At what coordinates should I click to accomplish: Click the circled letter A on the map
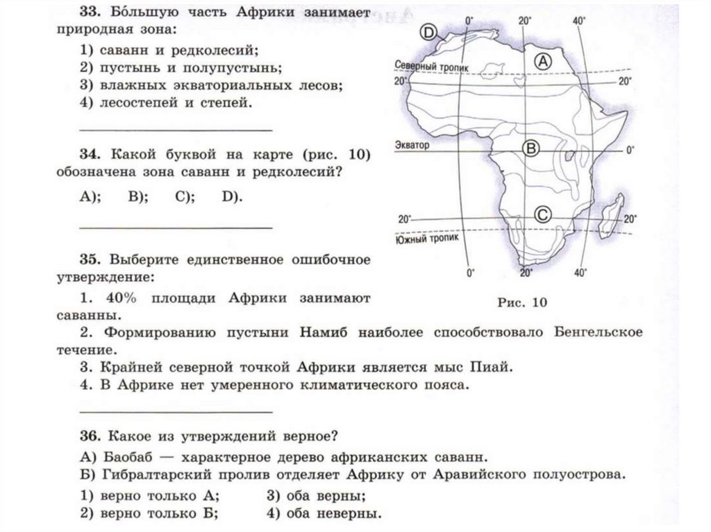(x=544, y=61)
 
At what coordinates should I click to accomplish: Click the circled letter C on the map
(x=544, y=215)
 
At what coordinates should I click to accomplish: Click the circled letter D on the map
(x=428, y=32)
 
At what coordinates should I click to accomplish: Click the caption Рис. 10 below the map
(x=523, y=302)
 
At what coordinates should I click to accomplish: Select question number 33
(x=90, y=14)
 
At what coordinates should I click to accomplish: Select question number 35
(x=90, y=260)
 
